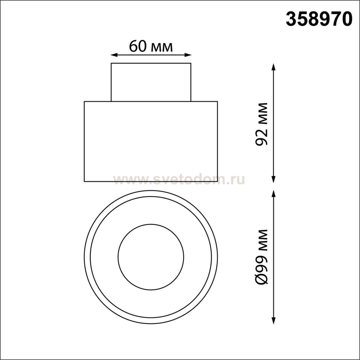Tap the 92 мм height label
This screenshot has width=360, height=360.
(261, 124)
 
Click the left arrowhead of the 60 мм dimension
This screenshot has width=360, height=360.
(114, 55)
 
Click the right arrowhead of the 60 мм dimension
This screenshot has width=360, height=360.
(188, 55)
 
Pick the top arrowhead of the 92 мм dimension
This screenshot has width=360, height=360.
(274, 67)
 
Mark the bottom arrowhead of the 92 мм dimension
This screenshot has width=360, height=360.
(274, 179)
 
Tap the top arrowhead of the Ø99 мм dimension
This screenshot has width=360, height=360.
(274, 194)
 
